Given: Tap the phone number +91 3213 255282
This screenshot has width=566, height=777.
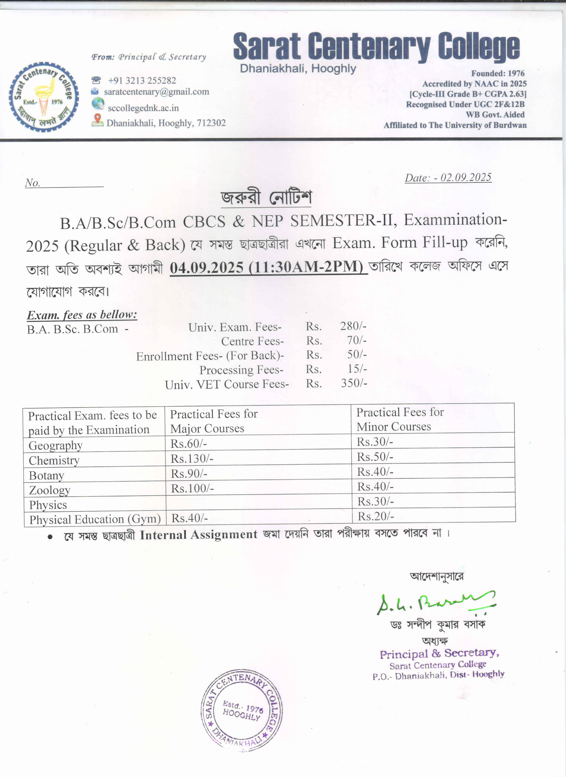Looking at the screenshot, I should (142, 81).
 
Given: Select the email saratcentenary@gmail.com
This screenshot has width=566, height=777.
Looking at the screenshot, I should (157, 92).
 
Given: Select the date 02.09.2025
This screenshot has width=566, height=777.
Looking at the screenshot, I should (466, 177).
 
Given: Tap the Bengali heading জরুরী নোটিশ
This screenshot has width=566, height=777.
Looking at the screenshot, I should (266, 198).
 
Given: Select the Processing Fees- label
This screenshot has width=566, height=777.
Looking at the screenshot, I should (241, 370).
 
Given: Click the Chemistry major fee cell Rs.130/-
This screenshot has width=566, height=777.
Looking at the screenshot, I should (192, 458).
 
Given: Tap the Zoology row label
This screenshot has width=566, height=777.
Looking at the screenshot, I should (50, 490).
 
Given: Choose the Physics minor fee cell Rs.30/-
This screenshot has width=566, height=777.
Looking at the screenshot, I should (375, 501).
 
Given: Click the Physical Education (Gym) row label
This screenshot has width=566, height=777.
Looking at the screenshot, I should (95, 519).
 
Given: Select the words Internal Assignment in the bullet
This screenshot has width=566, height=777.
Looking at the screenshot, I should (199, 535).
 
